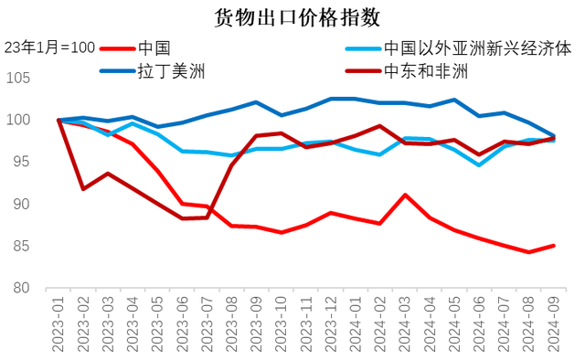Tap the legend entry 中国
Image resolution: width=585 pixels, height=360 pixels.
pos(153,48)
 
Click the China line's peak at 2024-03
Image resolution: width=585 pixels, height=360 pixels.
pos(405,195)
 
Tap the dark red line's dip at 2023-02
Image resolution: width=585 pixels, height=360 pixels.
pos(84,188)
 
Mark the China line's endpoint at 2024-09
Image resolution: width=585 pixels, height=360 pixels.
pos(553,245)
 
